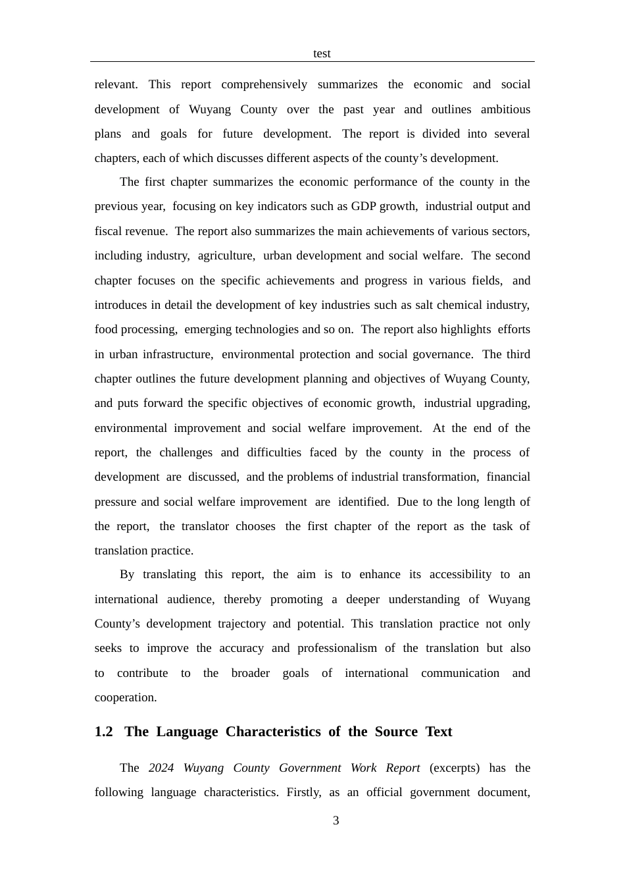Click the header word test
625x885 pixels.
point(322,53)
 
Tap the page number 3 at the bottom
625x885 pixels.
point(336,820)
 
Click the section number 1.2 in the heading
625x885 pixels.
point(103,732)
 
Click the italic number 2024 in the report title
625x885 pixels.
point(161,768)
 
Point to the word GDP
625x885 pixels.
point(363,206)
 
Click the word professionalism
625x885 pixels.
point(337,648)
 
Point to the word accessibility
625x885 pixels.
point(460,574)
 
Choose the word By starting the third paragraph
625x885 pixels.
point(127,574)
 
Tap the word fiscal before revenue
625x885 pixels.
point(106,231)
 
